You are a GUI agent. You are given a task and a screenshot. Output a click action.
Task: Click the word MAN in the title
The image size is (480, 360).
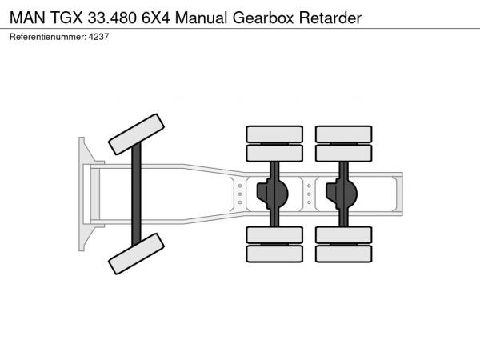coord(27,18)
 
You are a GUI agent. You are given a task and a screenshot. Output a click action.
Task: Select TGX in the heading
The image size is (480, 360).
coord(66,18)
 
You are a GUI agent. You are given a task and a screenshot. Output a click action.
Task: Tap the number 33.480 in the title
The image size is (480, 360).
coord(112,18)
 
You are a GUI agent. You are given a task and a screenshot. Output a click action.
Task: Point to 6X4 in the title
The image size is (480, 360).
coord(155,18)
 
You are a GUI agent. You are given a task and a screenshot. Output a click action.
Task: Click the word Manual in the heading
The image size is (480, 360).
coord(201,18)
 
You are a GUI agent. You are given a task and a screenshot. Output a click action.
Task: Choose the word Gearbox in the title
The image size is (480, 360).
coord(263,18)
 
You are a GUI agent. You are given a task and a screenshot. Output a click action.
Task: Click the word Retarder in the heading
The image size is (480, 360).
coord(330,18)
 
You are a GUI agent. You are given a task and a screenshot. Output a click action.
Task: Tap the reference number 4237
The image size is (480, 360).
coord(98,37)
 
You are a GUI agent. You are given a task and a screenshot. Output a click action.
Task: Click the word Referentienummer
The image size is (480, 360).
coord(48,37)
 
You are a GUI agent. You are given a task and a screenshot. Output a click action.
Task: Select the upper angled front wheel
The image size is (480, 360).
coord(136,134)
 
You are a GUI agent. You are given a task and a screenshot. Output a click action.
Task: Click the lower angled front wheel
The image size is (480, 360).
coord(136,254)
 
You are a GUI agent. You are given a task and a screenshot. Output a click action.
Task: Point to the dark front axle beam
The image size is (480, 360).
coord(136,194)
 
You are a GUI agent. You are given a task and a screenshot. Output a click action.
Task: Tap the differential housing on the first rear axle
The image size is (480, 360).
coord(273,194)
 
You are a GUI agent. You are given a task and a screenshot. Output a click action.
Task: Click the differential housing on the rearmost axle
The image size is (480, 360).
coord(342,194)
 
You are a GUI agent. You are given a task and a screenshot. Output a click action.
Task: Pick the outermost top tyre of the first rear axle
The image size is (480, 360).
coord(274,134)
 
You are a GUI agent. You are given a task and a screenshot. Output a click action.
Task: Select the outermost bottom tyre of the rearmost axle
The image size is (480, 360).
coord(343,254)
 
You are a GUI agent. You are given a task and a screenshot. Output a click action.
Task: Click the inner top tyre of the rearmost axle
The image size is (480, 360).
coord(343,153)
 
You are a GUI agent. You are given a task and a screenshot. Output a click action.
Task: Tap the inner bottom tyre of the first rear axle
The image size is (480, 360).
coord(274,235)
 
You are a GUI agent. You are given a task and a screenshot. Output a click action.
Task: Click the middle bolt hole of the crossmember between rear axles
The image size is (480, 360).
coord(309,194)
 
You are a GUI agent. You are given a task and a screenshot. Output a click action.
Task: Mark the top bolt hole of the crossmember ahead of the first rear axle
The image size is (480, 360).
coord(240,186)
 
